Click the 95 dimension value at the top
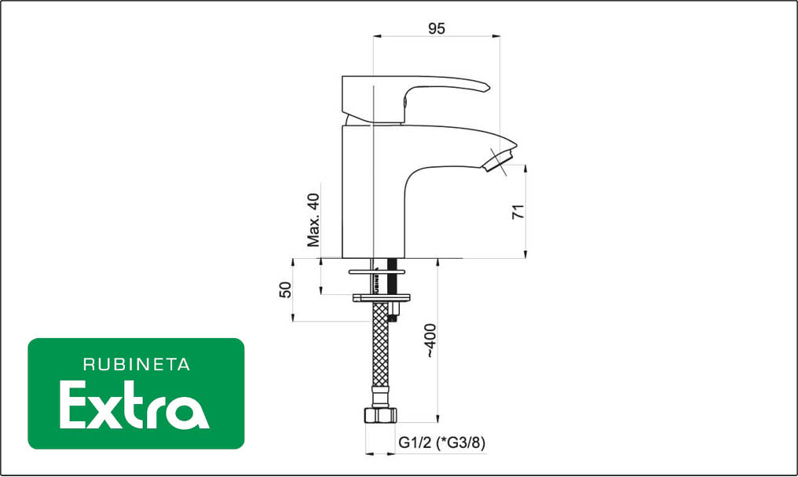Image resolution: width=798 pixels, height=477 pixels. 436,28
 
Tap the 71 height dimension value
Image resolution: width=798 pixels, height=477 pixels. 518,212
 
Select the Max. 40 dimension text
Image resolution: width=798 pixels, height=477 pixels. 313,220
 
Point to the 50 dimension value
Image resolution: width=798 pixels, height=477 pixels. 286,289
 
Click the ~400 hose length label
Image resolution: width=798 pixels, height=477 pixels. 430,340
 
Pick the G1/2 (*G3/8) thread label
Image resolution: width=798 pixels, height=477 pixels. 441,442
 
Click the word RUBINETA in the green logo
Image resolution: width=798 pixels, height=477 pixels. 137,365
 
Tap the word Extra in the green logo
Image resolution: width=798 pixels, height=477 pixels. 134,406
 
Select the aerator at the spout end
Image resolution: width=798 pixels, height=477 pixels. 498,161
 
